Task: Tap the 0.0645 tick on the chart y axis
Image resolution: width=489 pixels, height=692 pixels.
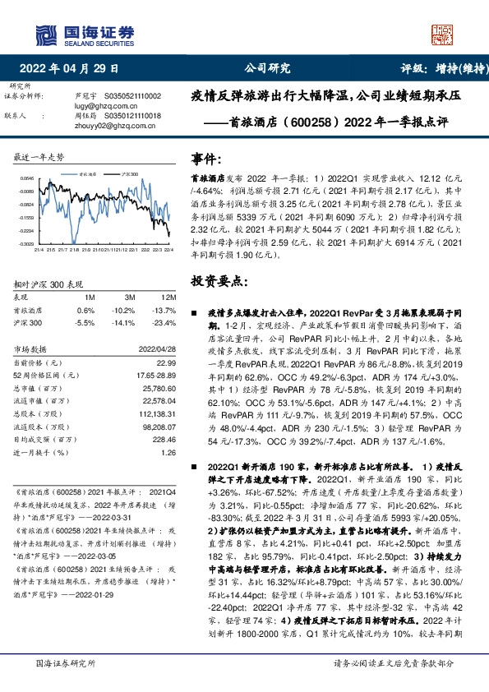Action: pyautogui.click(x=27, y=178)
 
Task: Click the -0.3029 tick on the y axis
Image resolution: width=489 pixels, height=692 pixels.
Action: pyautogui.click(x=27, y=243)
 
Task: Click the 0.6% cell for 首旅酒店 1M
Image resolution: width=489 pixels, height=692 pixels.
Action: pyautogui.click(x=85, y=310)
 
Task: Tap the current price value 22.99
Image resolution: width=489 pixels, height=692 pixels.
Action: pyautogui.click(x=167, y=362)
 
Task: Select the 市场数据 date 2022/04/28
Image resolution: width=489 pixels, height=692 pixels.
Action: pyautogui.click(x=159, y=348)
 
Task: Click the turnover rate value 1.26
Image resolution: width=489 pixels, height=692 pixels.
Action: pyautogui.click(x=168, y=451)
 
